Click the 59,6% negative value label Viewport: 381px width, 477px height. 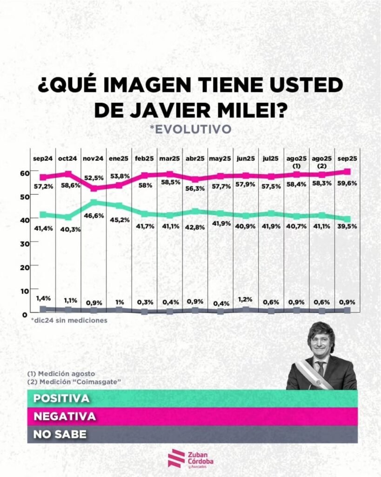(x=347, y=183)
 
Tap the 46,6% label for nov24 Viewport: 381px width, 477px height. (x=94, y=216)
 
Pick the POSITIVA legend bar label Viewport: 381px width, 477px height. (x=61, y=399)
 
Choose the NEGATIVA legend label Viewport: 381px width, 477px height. (x=65, y=416)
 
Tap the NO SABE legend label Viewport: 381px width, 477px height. (x=60, y=434)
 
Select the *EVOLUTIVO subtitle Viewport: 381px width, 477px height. (x=190, y=129)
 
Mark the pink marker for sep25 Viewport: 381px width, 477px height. (x=347, y=172)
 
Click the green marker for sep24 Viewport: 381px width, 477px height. (x=43, y=215)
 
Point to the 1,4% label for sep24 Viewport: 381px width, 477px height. (x=43, y=298)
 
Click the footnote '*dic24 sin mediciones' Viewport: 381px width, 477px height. (x=69, y=320)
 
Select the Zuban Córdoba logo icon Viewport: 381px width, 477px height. (x=174, y=458)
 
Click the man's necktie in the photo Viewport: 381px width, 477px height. (x=321, y=368)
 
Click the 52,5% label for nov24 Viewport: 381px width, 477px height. (x=94, y=177)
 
